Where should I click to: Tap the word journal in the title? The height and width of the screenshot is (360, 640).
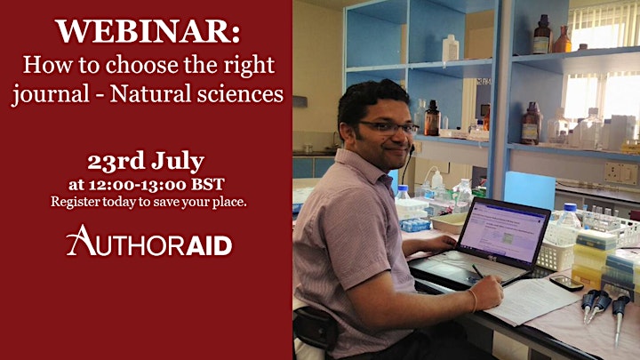pyautogui.click(x=51, y=94)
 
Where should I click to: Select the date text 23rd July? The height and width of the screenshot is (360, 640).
pyautogui.click(x=146, y=161)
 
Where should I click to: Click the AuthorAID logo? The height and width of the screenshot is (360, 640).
pyautogui.click(x=149, y=241)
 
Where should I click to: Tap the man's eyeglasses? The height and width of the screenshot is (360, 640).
pyautogui.click(x=388, y=128)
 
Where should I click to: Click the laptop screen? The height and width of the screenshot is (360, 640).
pyautogui.click(x=503, y=230)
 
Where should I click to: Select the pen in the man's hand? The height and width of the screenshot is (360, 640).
pyautogui.click(x=478, y=272)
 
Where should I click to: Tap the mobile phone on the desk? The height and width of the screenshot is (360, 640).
pyautogui.click(x=566, y=283)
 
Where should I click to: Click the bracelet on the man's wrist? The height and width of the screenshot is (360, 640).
pyautogui.click(x=474, y=300)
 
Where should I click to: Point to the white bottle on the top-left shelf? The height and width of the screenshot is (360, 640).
pyautogui.click(x=450, y=48)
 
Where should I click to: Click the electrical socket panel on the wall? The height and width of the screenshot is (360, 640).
pyautogui.click(x=620, y=173)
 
